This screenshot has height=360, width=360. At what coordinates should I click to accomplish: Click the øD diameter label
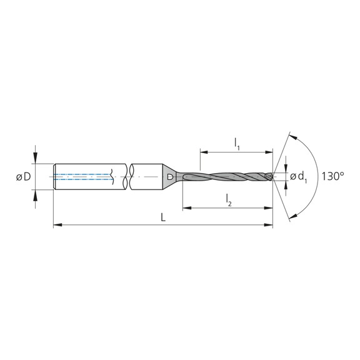(23, 177)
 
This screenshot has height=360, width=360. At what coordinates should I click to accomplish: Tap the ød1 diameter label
(298, 177)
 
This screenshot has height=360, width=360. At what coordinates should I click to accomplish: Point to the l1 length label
(237, 143)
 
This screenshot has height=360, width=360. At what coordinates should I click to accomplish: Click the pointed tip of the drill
(272, 177)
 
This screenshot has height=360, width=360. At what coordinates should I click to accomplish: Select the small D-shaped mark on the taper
(170, 178)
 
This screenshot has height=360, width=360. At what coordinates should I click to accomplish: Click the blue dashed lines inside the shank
(81, 177)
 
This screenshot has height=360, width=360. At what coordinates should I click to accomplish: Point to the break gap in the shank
(121, 177)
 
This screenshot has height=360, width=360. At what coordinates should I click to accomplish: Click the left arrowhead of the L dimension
(57, 224)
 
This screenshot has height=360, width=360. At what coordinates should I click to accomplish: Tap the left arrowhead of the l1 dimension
(203, 151)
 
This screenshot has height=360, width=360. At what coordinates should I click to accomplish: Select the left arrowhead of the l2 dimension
(186, 207)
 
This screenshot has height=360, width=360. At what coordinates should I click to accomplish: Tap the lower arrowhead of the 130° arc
(291, 219)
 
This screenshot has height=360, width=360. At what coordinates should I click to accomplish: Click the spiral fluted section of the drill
(231, 177)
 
